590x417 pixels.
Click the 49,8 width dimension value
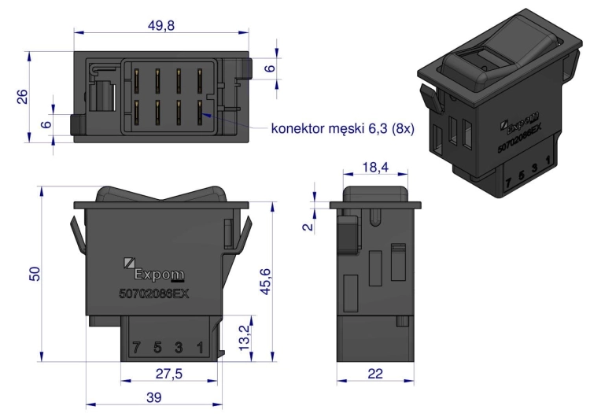coord(161,26)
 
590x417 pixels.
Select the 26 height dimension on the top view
coord(24,97)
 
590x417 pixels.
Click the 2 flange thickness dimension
coord(308,224)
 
